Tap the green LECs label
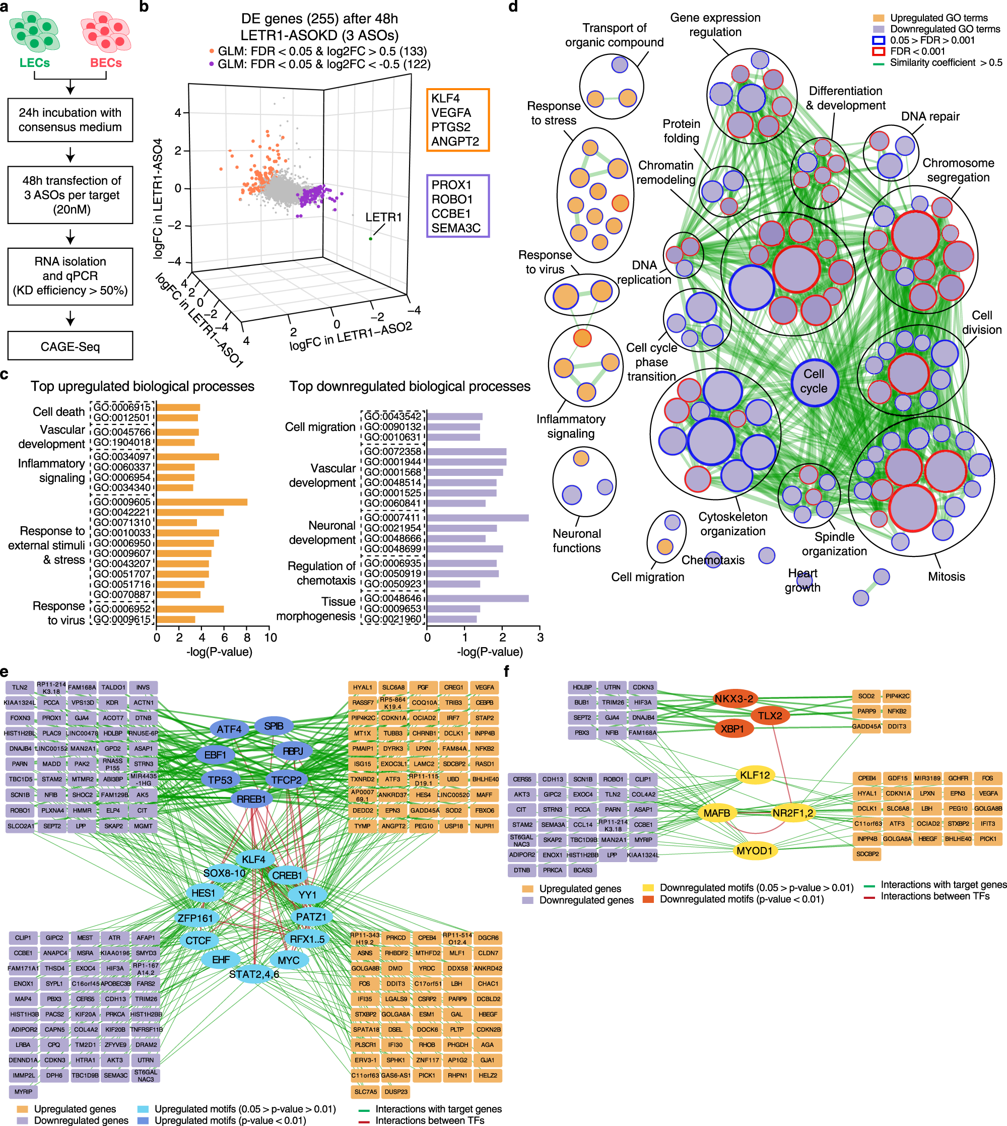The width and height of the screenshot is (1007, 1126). click(34, 63)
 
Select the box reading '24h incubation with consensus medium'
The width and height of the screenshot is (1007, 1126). click(70, 120)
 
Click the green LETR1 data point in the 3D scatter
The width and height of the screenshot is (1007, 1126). click(370, 238)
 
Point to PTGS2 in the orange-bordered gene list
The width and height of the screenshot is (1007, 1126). click(450, 127)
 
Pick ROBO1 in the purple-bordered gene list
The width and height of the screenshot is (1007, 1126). click(451, 199)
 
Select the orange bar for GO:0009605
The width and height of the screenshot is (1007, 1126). click(202, 502)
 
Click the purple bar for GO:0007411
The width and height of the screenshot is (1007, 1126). click(478, 518)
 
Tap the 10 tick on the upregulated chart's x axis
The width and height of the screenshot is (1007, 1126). click(270, 637)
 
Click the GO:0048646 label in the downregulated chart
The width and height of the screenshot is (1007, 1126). click(392, 598)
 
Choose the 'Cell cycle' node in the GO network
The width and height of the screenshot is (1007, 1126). click(814, 381)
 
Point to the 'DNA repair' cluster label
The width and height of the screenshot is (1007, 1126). click(930, 116)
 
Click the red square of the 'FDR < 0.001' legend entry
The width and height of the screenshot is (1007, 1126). click(878, 51)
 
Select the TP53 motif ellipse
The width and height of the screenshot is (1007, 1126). click(220, 780)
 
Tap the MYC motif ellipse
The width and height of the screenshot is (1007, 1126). click(288, 960)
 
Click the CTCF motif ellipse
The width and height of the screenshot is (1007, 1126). click(198, 940)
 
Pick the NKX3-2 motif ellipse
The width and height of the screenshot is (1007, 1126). click(733, 698)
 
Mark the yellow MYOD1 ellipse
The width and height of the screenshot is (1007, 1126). click(754, 851)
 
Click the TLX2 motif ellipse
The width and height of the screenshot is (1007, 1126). click(770, 715)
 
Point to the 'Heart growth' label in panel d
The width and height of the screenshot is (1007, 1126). click(802, 580)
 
